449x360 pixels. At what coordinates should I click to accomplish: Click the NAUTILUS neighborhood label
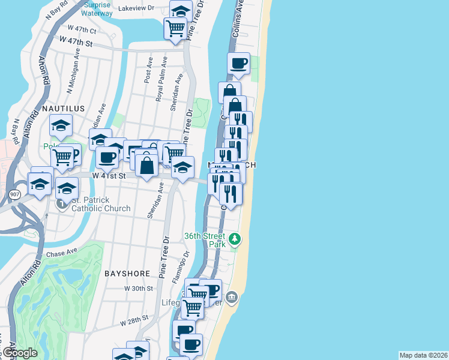pyautogui.click(x=63, y=108)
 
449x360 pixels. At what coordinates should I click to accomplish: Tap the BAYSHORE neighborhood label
pyautogui.click(x=127, y=273)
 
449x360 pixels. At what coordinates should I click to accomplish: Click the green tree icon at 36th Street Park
pyautogui.click(x=236, y=239)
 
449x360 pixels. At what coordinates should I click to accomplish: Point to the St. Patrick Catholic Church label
pyautogui.click(x=101, y=205)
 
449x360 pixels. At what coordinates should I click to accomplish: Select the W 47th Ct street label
pyautogui.click(x=82, y=29)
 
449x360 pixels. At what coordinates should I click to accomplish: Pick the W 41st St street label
pyautogui.click(x=108, y=176)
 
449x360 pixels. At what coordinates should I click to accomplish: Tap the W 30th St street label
pyautogui.click(x=139, y=289)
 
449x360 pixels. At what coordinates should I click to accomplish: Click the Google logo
pyautogui.click(x=20, y=353)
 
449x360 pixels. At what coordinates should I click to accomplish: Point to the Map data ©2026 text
pyautogui.click(x=424, y=355)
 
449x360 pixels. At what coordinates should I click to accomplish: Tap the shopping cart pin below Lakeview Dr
pyautogui.click(x=175, y=27)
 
